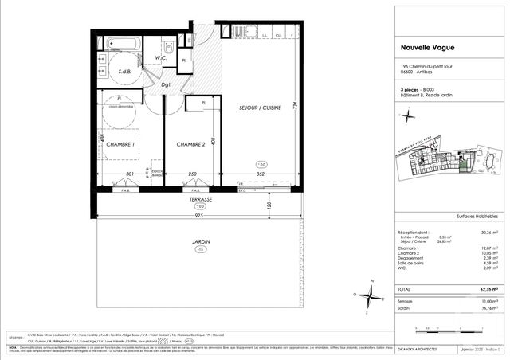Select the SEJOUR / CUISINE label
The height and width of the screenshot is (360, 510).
click(x=259, y=107)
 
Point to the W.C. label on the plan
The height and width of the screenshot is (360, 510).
click(x=160, y=57)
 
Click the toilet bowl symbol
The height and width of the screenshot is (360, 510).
click(x=168, y=46)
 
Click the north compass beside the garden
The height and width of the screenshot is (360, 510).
click(x=369, y=295)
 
